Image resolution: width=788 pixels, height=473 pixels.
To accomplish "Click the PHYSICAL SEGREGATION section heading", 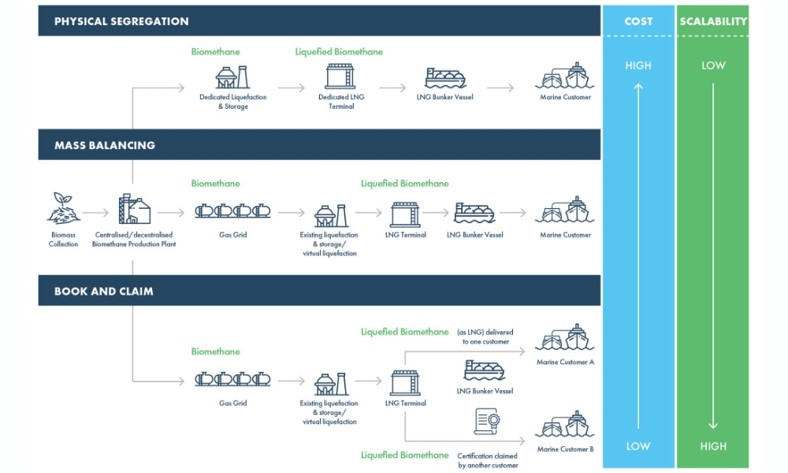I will click(x=121, y=21).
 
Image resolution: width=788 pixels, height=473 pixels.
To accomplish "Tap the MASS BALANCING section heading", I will click(x=105, y=145).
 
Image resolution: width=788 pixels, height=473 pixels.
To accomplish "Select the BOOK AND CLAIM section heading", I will click(x=104, y=291).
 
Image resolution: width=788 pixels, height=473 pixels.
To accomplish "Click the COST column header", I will click(x=637, y=21).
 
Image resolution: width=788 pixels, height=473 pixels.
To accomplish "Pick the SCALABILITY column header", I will click(x=713, y=21).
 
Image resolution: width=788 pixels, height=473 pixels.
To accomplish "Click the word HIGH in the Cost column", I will click(x=637, y=65).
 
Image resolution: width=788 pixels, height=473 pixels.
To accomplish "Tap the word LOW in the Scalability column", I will click(x=713, y=65).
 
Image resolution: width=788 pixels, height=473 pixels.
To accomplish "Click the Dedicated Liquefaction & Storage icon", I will click(x=232, y=76).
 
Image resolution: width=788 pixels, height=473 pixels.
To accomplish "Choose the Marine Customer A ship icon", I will click(x=564, y=337).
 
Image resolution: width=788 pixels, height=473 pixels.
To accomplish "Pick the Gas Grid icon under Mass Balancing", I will click(x=232, y=211).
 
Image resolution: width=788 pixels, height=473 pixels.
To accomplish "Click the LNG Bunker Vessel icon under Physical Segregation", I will click(x=445, y=77).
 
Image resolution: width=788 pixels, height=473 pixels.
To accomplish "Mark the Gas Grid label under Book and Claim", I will click(x=232, y=403).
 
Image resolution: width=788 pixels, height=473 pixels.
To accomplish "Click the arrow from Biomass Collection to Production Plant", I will click(x=96, y=212).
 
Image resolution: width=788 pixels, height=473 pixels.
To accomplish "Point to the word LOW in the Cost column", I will click(x=637, y=446).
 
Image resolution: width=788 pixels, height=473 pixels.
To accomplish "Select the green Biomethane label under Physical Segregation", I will click(x=215, y=52).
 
